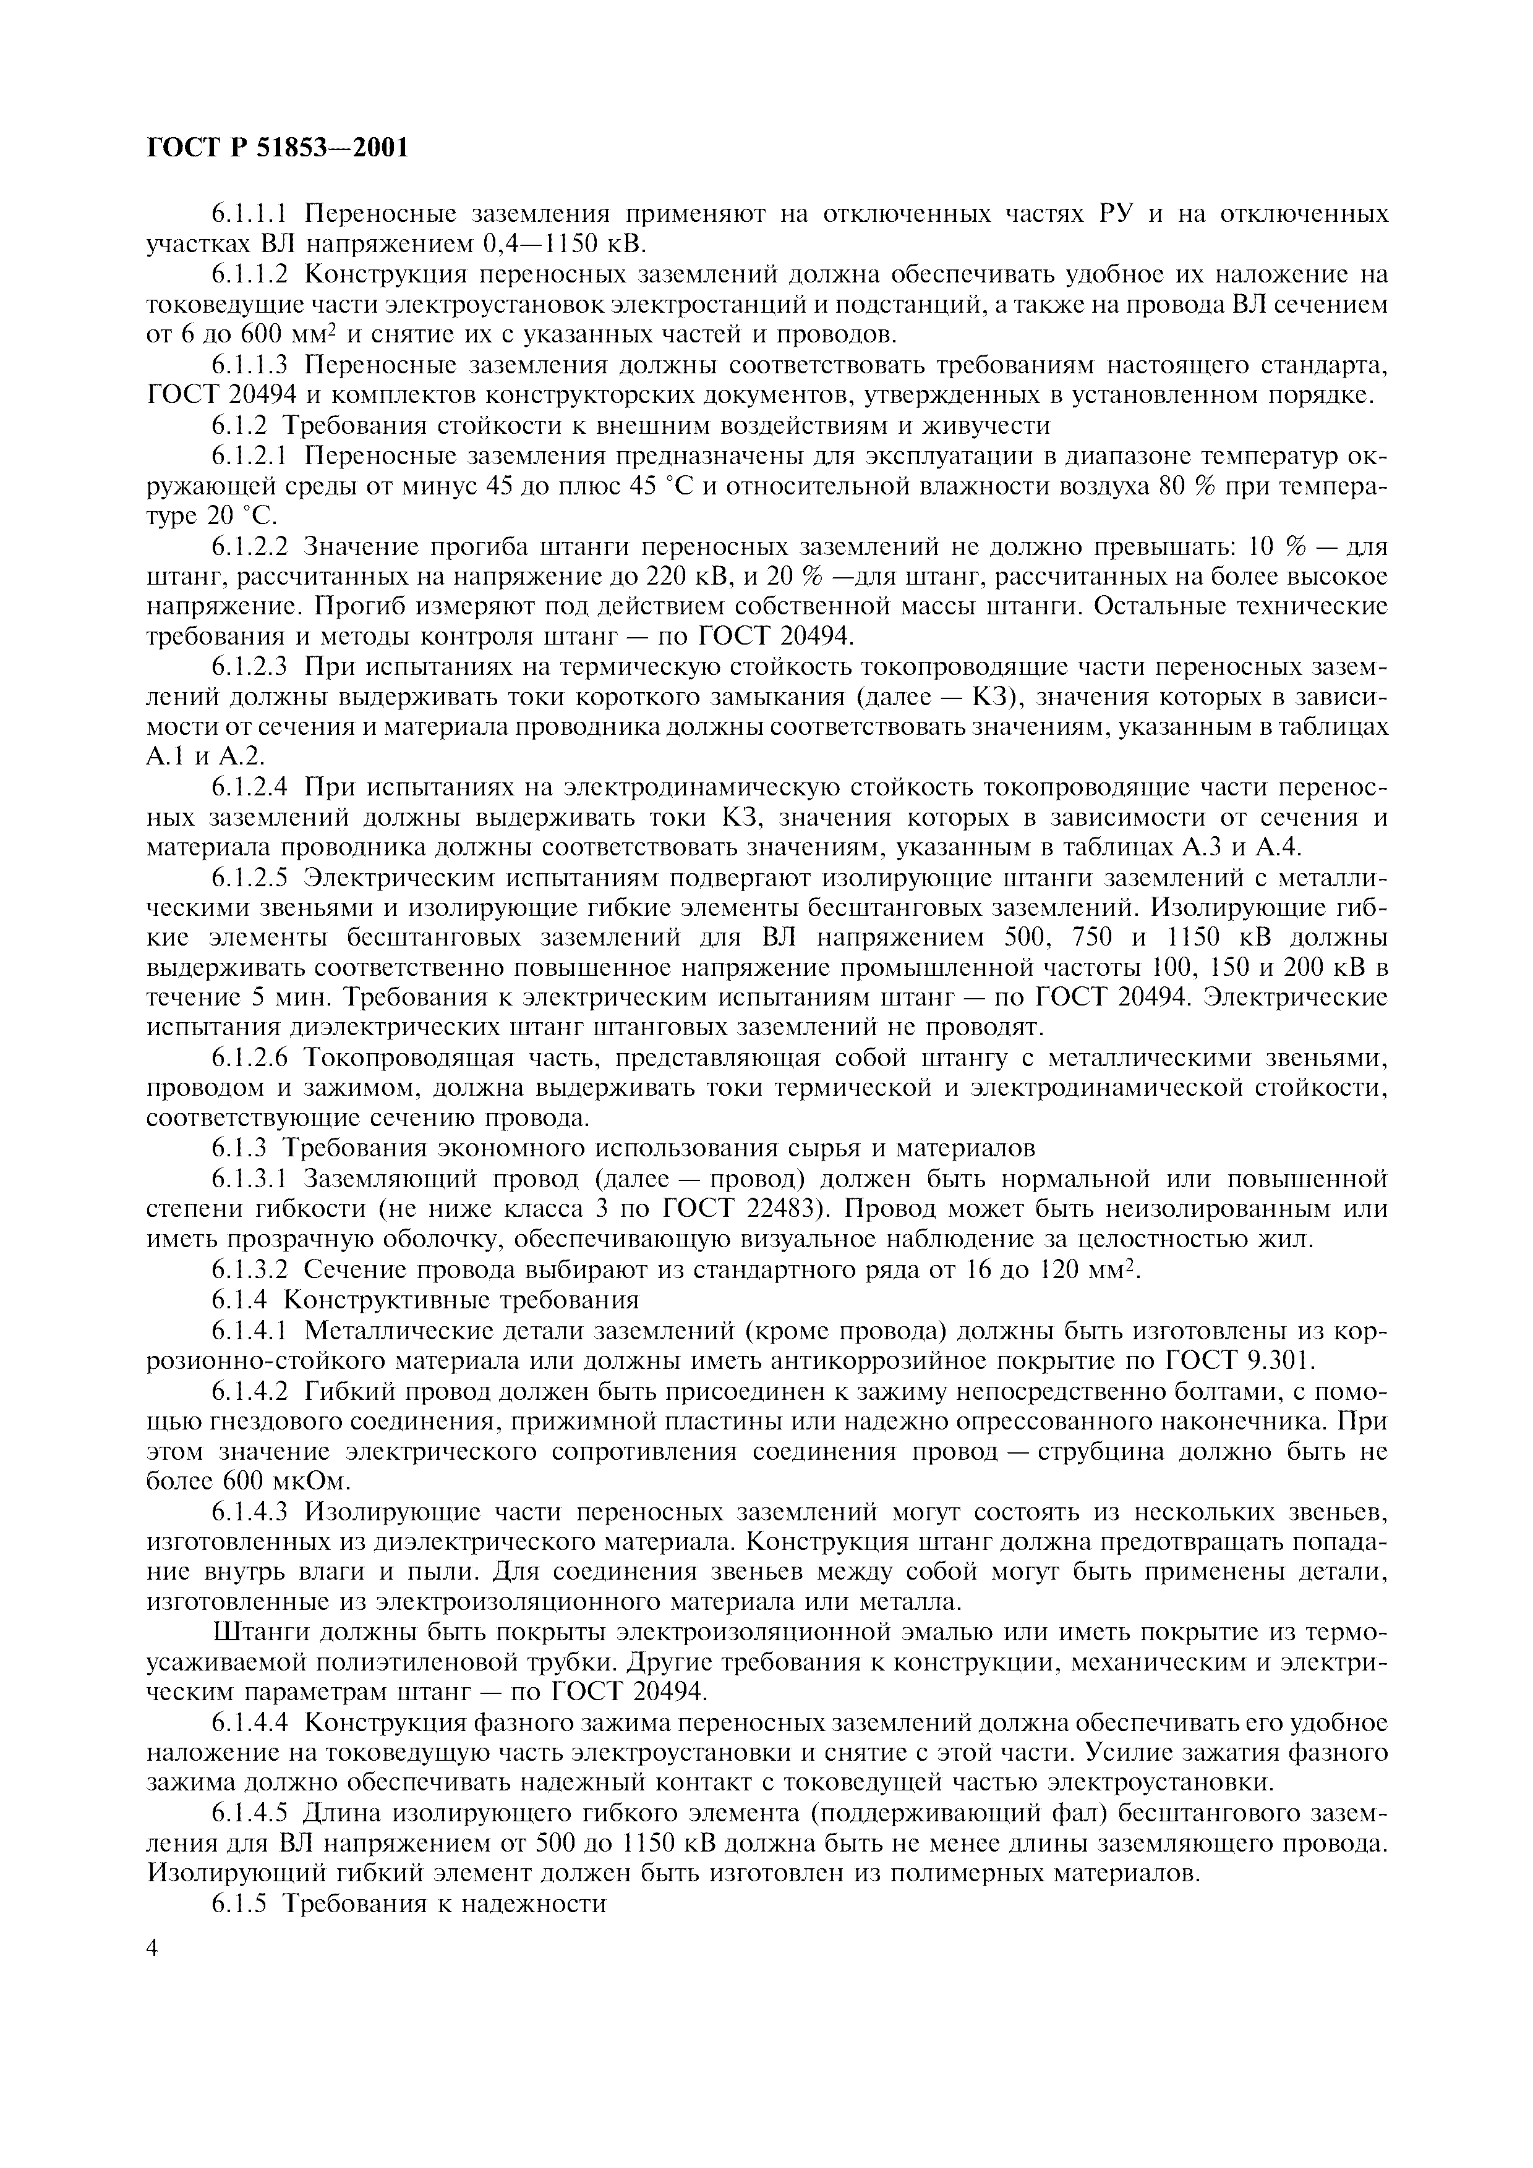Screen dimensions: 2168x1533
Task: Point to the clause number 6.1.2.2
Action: click(x=249, y=547)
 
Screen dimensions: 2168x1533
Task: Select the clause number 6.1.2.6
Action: click(x=249, y=1057)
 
